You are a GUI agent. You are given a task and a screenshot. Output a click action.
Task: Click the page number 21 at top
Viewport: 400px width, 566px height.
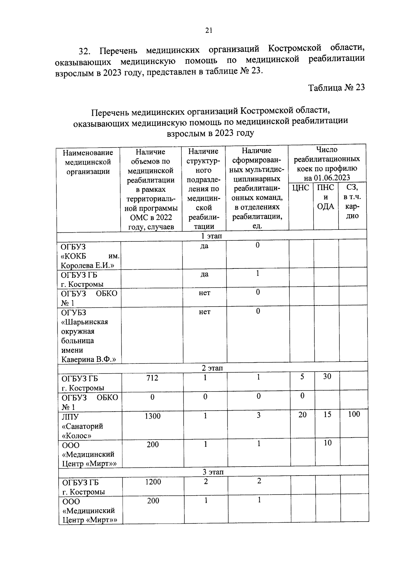click(x=209, y=30)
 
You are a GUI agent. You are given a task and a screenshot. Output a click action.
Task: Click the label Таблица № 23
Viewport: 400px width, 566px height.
click(x=336, y=87)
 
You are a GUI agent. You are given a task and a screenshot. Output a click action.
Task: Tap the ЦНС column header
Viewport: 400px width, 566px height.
click(x=301, y=188)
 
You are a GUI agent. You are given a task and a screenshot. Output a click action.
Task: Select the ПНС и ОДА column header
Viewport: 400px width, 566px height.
click(x=326, y=197)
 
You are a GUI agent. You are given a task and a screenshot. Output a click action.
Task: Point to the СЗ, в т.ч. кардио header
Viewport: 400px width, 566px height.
click(x=352, y=201)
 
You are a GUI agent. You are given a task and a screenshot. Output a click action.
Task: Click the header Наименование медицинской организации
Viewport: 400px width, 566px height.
click(x=88, y=162)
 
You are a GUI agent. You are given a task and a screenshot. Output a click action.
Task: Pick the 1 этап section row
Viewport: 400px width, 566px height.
click(x=211, y=236)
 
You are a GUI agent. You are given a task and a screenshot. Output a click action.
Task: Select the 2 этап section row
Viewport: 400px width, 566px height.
click(x=212, y=368)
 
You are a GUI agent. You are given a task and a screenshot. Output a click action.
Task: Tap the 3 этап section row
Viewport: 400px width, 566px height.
click(x=213, y=472)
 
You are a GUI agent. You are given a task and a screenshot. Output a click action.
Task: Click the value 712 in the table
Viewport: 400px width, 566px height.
click(x=152, y=378)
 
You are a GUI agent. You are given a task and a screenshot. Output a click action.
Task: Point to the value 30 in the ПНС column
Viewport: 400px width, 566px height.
click(x=327, y=376)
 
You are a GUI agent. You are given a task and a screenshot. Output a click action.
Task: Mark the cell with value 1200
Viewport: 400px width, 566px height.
click(x=153, y=482)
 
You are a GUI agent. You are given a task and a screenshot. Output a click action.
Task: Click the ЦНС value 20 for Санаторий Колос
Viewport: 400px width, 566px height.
click(x=302, y=415)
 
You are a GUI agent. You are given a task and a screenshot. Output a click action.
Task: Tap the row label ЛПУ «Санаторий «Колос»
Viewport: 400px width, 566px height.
click(x=82, y=426)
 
